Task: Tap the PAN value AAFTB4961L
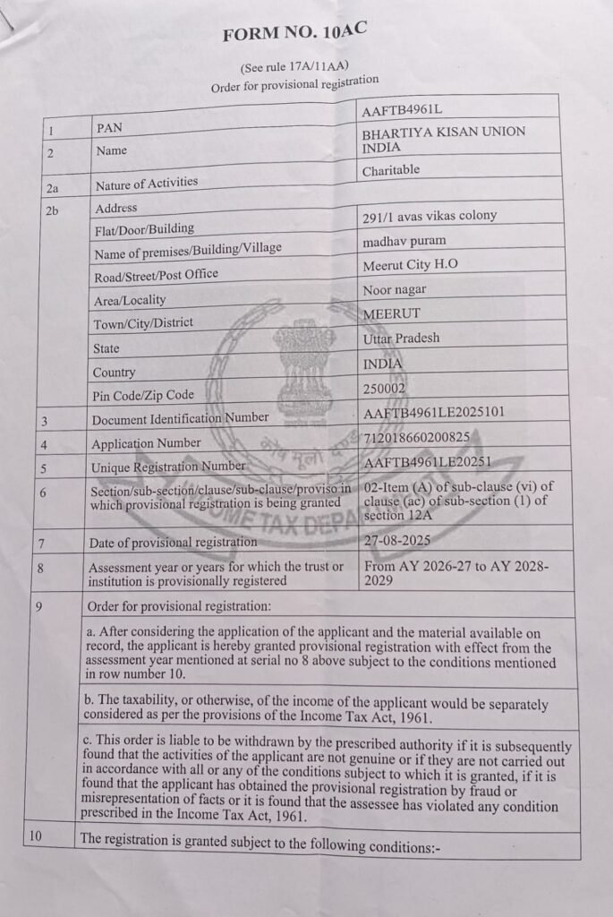click(402, 110)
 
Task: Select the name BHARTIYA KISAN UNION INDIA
click(443, 139)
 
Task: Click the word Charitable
click(391, 170)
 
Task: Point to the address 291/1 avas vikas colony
click(430, 216)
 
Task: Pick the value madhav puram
click(404, 241)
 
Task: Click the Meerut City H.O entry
click(410, 265)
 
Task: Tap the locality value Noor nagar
click(395, 290)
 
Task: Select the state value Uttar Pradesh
click(401, 339)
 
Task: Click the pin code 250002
click(386, 389)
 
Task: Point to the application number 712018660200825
click(416, 437)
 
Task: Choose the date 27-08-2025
click(397, 540)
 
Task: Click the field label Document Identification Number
click(180, 418)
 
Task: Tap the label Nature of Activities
click(147, 184)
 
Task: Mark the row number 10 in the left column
click(36, 837)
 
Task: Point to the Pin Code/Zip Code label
click(143, 395)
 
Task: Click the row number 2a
click(51, 188)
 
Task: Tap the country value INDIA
click(383, 364)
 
